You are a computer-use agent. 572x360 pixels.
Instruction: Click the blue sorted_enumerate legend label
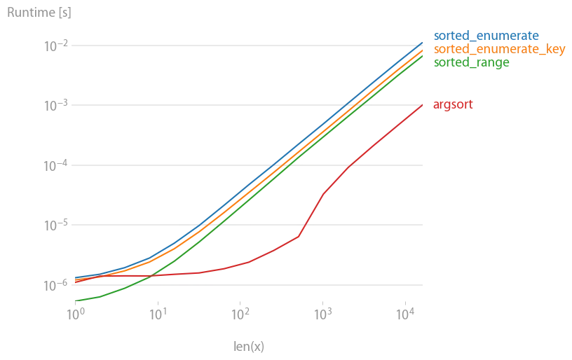pos(486,35)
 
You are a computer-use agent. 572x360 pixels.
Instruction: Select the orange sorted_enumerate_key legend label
pos(498,49)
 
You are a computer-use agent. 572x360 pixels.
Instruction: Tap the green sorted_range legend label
pos(471,62)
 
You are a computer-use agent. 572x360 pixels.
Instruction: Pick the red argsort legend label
pos(454,106)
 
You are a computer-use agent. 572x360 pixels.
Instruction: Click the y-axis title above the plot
pos(39,13)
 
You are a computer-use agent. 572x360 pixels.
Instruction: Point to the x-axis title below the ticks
pos(246,344)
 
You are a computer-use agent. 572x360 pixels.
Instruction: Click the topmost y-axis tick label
pos(57,47)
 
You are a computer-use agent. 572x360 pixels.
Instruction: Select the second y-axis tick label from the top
pos(56,106)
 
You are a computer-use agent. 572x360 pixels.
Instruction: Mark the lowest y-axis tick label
pos(56,284)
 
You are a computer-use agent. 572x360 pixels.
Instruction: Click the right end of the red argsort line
pos(422,105)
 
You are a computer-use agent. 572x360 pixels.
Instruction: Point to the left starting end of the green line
pos(74,300)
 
